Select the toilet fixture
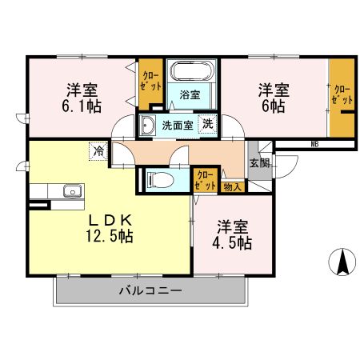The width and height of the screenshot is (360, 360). [x=160, y=180]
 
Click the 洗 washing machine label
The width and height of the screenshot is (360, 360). [x=207, y=124]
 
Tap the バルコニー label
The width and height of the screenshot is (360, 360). [x=151, y=290]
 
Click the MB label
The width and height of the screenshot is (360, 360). [x=314, y=144]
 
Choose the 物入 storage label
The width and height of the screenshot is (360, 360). [x=233, y=186]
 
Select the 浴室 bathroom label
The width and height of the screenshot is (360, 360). [x=190, y=94]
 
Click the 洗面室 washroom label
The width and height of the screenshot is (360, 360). [x=178, y=125]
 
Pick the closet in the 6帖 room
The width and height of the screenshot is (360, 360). [x=342, y=99]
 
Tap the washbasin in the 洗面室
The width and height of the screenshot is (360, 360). [x=149, y=125]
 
